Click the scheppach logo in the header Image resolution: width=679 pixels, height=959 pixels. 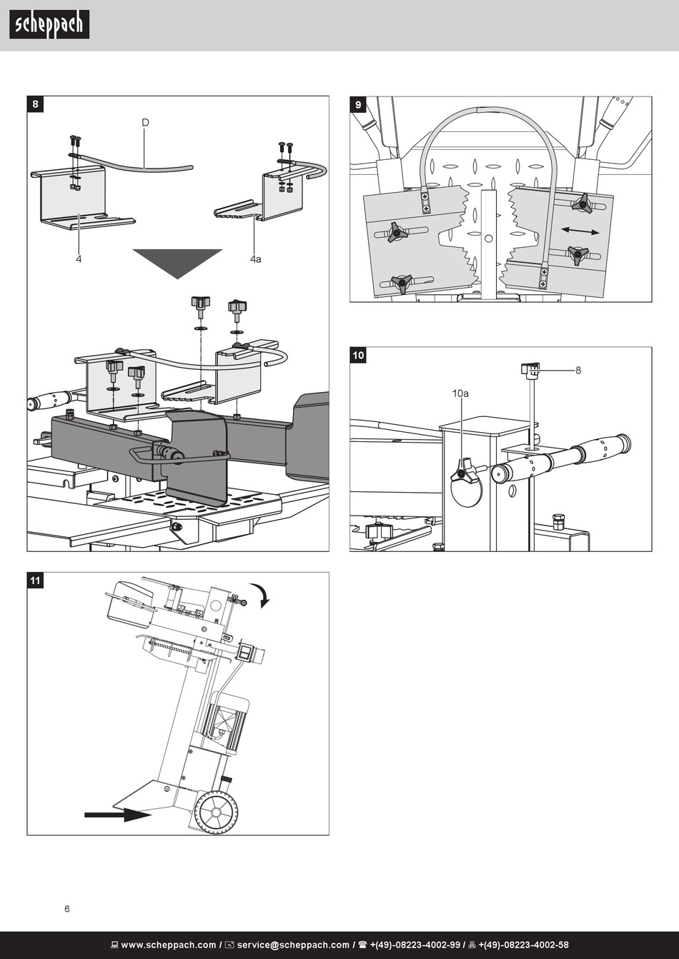49,25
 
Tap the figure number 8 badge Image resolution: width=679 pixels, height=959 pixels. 35,104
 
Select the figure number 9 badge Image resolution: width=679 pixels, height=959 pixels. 358,104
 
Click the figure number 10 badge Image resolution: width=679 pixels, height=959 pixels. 358,355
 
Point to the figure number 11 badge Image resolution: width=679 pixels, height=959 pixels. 35,580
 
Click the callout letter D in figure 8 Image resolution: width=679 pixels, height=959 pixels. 145,122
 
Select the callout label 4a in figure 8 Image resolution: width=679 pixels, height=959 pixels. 256,259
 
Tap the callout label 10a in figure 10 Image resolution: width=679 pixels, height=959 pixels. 460,393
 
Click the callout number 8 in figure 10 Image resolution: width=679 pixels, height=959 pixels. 578,371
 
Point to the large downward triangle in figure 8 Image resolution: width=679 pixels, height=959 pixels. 177,261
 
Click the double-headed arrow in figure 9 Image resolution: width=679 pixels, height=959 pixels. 580,231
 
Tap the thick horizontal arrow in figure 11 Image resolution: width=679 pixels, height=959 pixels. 118,815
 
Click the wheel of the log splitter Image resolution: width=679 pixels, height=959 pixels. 215,813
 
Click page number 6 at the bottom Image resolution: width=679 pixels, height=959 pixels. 67,908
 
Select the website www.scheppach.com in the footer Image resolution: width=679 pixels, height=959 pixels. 169,945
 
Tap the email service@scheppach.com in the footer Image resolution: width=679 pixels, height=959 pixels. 293,945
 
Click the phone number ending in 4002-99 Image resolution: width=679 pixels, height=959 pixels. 415,945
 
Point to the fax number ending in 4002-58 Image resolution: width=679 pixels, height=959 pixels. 523,945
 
